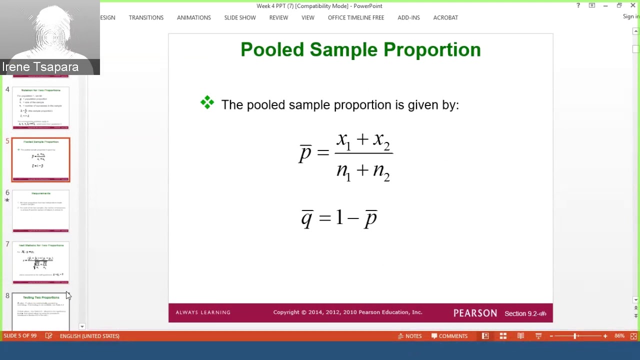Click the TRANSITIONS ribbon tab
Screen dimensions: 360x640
[x=146, y=17]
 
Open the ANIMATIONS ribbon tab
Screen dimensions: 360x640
[x=193, y=17]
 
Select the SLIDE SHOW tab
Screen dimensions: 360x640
[x=240, y=17]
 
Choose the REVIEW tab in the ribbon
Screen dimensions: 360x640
[x=278, y=17]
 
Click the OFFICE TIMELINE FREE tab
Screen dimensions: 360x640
[x=355, y=17]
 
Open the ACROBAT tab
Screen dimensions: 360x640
[x=445, y=17]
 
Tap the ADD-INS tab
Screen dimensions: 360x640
[x=408, y=17]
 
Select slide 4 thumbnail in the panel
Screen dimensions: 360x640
[x=41, y=108]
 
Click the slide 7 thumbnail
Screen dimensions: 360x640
[x=41, y=263]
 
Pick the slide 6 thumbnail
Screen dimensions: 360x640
[x=41, y=211]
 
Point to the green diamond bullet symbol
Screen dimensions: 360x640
[x=207, y=103]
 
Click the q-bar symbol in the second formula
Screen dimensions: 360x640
[x=306, y=218]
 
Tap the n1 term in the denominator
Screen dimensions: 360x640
[x=343, y=171]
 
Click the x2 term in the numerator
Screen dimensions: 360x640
[x=381, y=141]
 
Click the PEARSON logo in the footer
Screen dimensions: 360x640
[x=475, y=313]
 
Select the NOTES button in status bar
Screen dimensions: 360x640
[x=409, y=336]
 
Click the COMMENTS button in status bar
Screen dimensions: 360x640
[x=449, y=336]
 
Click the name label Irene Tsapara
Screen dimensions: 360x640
[x=40, y=67]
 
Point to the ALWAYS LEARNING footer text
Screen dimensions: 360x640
[x=203, y=312]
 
